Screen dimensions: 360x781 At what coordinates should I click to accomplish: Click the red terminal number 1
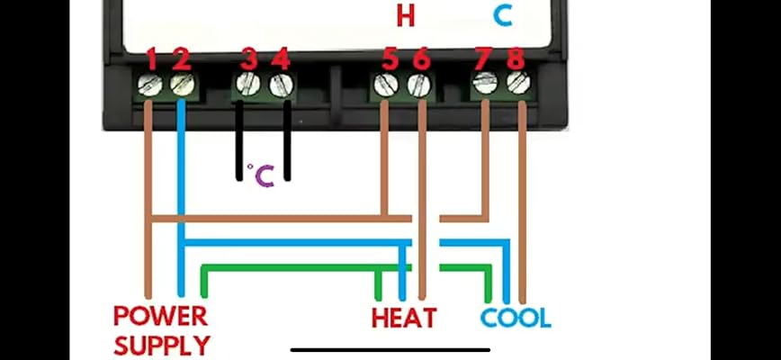coord(152,59)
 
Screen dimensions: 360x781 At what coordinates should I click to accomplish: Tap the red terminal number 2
coord(181,59)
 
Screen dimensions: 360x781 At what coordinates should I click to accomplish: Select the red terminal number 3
coord(249,59)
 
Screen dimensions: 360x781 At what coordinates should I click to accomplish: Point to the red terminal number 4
coord(281,59)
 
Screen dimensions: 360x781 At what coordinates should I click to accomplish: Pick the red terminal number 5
coord(390,59)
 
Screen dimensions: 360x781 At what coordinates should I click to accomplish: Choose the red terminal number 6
coord(420,59)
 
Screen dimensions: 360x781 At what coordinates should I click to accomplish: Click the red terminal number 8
coord(515,59)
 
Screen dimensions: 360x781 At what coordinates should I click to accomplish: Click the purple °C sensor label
coord(261,175)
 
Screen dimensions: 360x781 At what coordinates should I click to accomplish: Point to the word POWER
coord(160,317)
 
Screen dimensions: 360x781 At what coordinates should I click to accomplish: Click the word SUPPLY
coord(162,344)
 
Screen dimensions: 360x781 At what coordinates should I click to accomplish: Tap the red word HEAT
coord(404,318)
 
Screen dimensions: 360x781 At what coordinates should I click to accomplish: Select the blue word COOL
coord(516,318)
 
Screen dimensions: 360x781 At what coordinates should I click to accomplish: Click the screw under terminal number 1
coord(149,86)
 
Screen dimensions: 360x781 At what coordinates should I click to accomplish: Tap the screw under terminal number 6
coord(417,85)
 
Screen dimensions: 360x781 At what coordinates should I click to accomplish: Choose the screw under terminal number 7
coord(485,85)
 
